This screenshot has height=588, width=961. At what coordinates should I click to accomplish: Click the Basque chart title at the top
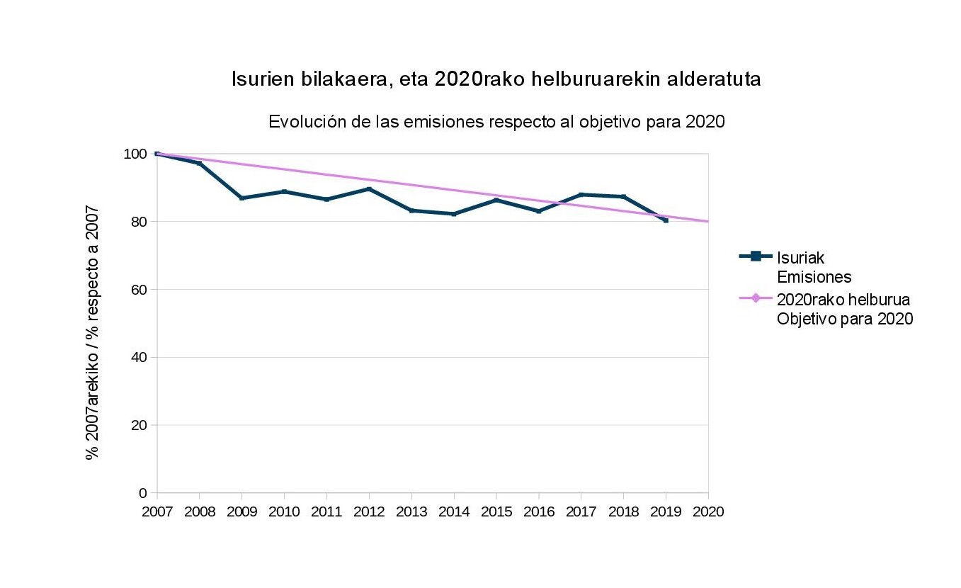496,79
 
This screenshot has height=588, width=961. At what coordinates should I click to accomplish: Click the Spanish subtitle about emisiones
496,122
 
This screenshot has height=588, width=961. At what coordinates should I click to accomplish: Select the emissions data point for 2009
241,198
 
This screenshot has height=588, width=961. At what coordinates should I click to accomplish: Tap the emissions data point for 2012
369,188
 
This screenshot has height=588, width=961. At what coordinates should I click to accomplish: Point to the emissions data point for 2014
454,214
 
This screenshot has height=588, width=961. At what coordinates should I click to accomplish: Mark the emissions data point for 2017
581,194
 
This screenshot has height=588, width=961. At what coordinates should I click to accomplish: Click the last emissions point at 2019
666,220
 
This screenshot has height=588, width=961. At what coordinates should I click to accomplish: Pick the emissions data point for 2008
199,163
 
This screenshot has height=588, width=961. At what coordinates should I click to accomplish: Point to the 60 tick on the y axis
140,290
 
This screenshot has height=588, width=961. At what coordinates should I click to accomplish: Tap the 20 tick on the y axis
140,425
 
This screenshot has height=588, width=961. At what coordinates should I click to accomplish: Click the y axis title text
92,333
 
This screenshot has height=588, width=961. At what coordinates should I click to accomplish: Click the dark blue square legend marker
755,256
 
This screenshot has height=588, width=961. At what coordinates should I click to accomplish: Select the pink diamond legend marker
755,298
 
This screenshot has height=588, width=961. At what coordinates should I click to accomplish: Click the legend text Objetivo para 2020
844,319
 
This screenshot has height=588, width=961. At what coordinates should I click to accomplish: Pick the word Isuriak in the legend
800,257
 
